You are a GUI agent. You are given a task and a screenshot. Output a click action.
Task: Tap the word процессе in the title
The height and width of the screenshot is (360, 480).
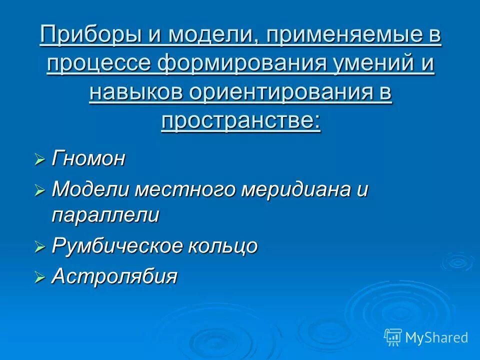[x=100, y=64]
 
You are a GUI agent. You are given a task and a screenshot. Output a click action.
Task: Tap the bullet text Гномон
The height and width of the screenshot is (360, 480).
[x=88, y=159]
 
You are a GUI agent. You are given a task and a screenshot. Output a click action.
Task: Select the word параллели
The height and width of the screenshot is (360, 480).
[x=105, y=215]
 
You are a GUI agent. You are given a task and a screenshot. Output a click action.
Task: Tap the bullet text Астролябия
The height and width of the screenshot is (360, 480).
[x=114, y=276]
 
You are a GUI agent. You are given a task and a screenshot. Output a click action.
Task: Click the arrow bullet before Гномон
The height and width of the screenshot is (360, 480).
[x=40, y=160]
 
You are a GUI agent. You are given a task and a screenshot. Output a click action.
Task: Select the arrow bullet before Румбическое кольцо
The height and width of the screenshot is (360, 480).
[x=40, y=246]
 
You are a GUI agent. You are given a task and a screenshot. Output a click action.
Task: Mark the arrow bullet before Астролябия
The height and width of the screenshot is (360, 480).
[x=40, y=277]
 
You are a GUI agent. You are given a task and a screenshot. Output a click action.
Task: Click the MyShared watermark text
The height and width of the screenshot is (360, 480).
[x=436, y=337]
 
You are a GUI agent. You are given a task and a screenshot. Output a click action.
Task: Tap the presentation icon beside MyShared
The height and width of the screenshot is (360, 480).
[x=393, y=337]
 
